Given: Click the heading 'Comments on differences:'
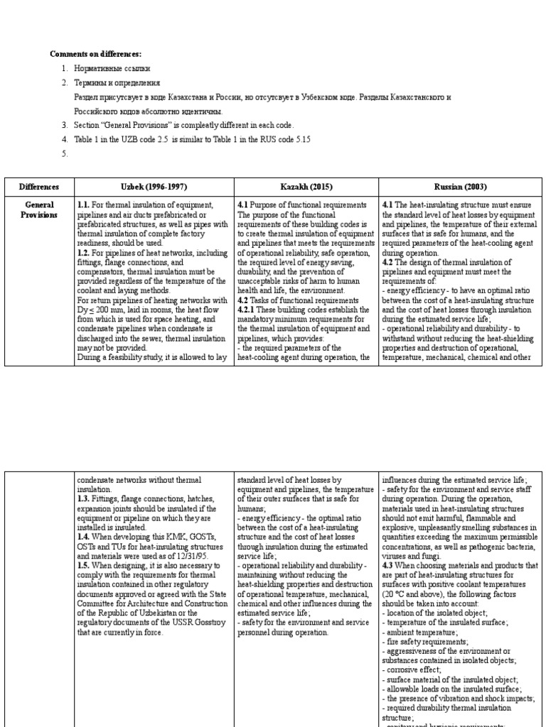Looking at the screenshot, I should click(95, 54).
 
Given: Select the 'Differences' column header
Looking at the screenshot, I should click(39, 187).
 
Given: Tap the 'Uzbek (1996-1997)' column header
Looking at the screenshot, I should click(154, 187).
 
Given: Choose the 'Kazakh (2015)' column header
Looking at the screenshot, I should click(306, 187).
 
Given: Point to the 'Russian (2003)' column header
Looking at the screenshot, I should click(461, 187).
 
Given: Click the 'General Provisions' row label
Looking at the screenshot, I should click(39, 209).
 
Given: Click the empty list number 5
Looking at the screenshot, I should click(65, 153).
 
